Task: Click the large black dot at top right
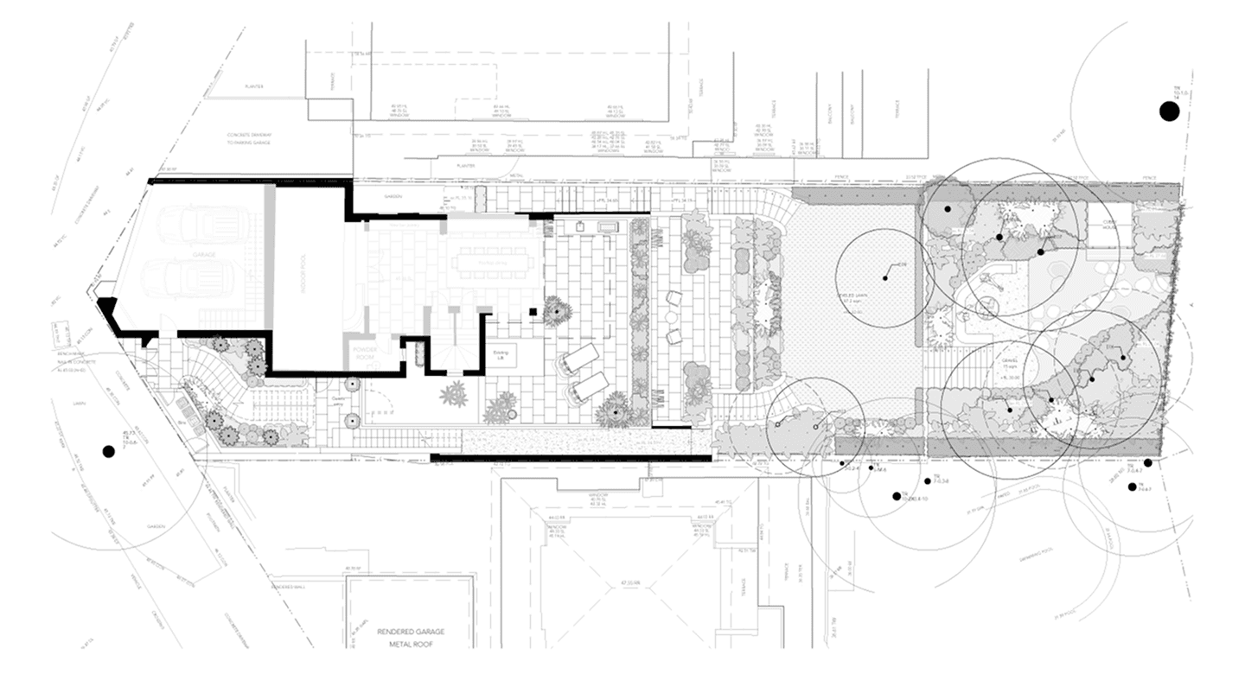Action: click(x=1169, y=111)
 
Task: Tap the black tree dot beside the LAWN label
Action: click(x=109, y=450)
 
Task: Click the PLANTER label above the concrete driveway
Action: click(x=253, y=86)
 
